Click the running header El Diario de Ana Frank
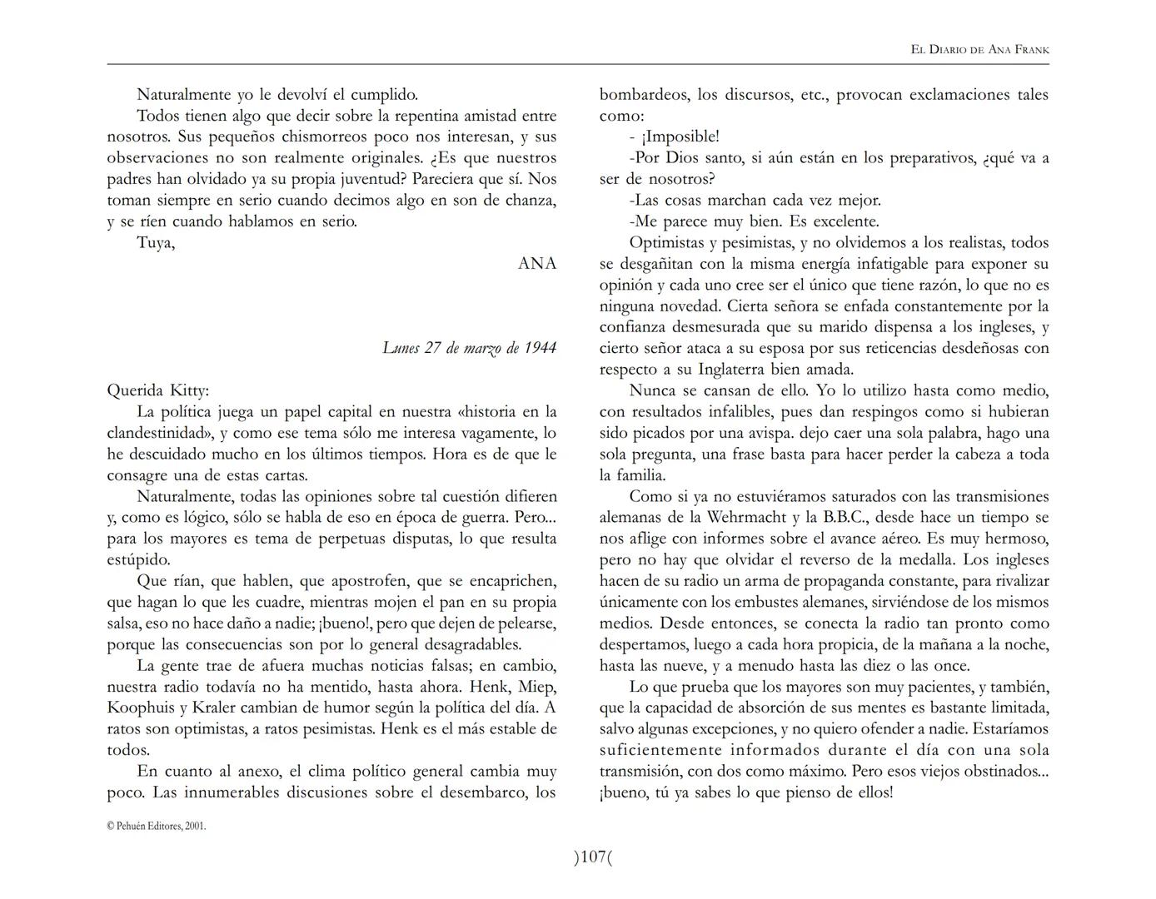979,50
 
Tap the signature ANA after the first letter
536,264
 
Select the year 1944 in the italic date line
540,348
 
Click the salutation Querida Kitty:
158,390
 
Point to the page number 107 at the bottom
592,857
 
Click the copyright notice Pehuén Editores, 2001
157,827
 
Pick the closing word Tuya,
156,243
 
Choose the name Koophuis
140,708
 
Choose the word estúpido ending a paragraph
138,560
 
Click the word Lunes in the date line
401,348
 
